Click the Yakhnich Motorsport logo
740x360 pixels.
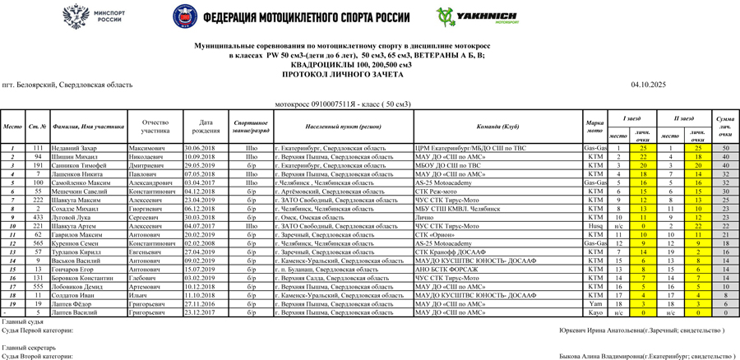coord(478,16)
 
